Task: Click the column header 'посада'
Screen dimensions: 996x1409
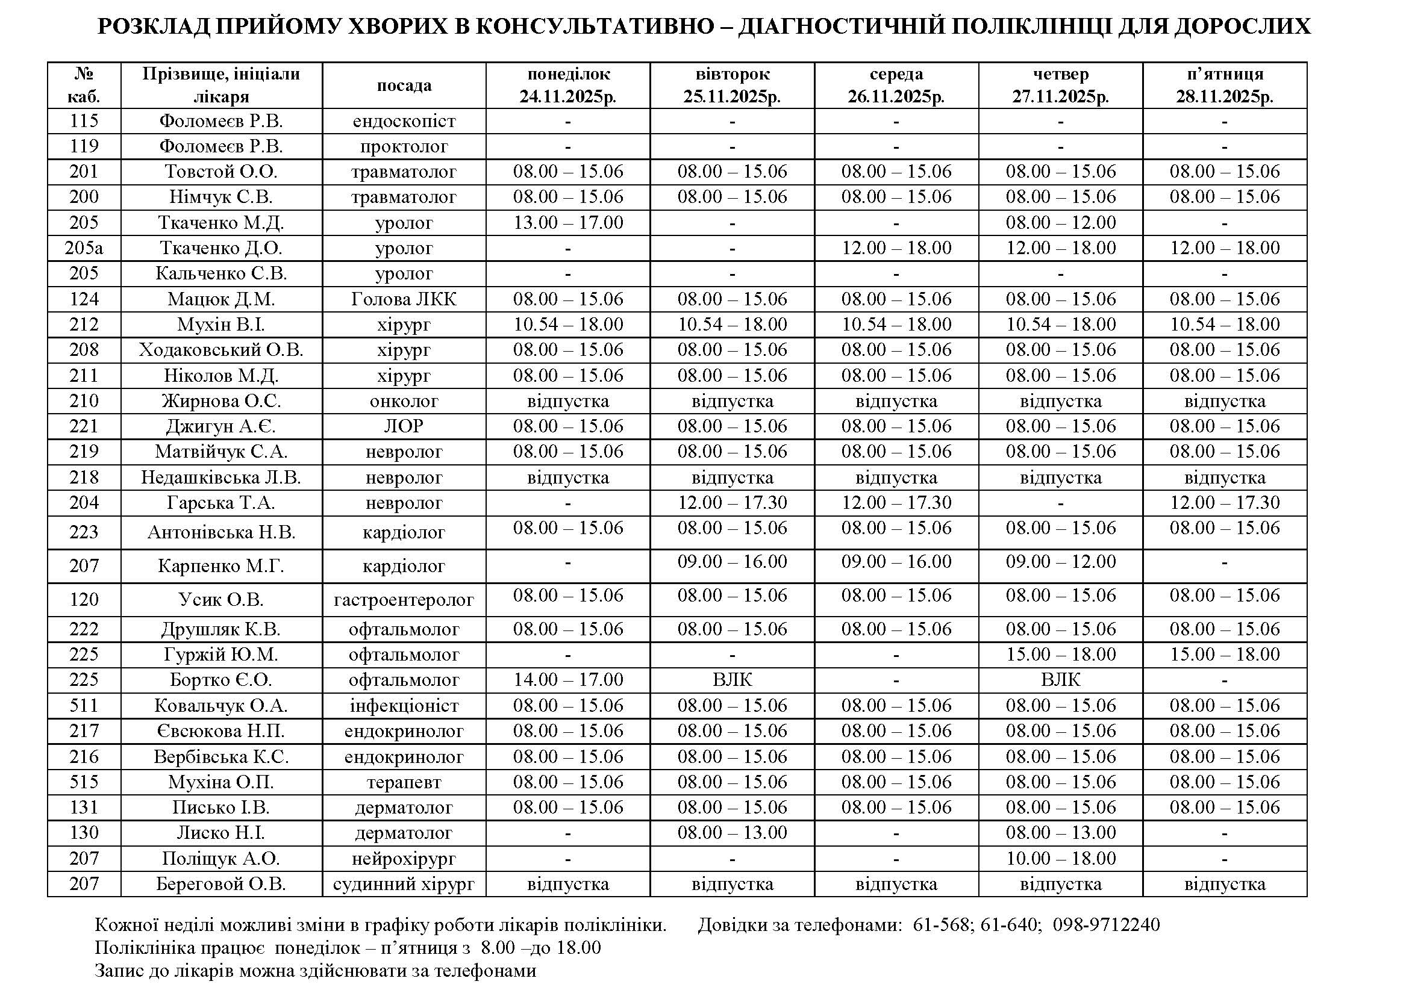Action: (404, 86)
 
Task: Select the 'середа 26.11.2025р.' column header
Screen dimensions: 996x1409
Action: (896, 86)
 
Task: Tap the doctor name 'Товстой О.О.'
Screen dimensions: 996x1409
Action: (221, 172)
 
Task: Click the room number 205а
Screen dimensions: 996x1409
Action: (84, 248)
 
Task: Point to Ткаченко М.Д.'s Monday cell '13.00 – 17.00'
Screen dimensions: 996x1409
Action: (567, 223)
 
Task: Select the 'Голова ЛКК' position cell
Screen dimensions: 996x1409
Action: (404, 299)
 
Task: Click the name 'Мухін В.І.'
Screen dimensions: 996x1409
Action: (221, 325)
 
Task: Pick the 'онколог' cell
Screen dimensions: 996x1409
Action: (404, 401)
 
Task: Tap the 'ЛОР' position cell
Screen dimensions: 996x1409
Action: (404, 426)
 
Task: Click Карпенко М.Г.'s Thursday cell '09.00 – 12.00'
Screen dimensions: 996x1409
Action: (1060, 562)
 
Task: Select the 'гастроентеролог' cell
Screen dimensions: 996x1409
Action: (404, 600)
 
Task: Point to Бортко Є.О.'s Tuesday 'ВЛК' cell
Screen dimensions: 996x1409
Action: (732, 680)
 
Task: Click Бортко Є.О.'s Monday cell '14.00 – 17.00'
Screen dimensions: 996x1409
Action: (567, 680)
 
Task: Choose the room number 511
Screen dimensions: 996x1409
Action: (84, 706)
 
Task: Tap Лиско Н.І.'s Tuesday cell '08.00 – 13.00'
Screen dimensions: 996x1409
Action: (732, 833)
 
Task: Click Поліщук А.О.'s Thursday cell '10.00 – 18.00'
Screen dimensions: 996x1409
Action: (1060, 859)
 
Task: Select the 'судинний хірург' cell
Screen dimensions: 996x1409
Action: (404, 885)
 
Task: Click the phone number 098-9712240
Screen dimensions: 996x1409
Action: (1107, 925)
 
